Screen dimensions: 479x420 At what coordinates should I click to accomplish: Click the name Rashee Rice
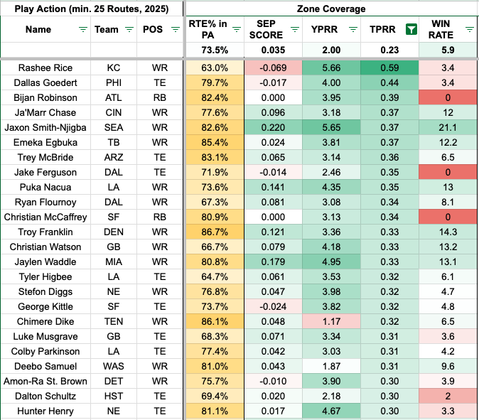(x=45, y=68)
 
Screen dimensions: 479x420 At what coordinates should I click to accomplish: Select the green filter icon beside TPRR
(x=411, y=30)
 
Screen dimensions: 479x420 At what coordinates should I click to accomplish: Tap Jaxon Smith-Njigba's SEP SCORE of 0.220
(x=273, y=127)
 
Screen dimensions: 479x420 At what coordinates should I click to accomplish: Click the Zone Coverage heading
(x=331, y=9)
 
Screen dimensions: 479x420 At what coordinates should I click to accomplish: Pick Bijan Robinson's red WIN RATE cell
(x=448, y=98)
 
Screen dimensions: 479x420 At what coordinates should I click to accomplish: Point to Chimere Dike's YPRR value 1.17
(x=331, y=321)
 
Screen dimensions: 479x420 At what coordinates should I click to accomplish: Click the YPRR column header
(x=324, y=30)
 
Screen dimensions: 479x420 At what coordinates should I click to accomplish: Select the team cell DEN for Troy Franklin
(x=114, y=232)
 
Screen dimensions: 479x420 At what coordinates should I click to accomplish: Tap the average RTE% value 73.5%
(x=215, y=50)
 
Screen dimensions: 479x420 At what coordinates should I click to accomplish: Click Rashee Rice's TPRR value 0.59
(x=389, y=68)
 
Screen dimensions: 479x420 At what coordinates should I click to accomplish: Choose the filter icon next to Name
(x=82, y=30)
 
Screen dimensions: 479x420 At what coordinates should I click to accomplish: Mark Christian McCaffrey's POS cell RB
(x=160, y=217)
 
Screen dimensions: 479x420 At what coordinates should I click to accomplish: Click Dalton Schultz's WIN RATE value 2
(x=448, y=396)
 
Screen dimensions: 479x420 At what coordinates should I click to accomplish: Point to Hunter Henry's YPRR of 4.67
(x=331, y=411)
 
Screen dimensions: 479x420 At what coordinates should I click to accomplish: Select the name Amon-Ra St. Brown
(x=45, y=381)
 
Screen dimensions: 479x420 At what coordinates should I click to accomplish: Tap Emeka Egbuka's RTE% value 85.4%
(x=215, y=142)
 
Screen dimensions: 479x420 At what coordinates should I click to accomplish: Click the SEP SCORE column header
(x=266, y=30)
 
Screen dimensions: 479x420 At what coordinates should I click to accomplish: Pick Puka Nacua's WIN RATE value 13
(x=448, y=187)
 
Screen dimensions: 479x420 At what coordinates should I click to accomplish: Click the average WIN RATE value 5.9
(x=448, y=50)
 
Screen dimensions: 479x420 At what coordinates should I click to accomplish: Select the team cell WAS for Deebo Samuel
(x=114, y=366)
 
